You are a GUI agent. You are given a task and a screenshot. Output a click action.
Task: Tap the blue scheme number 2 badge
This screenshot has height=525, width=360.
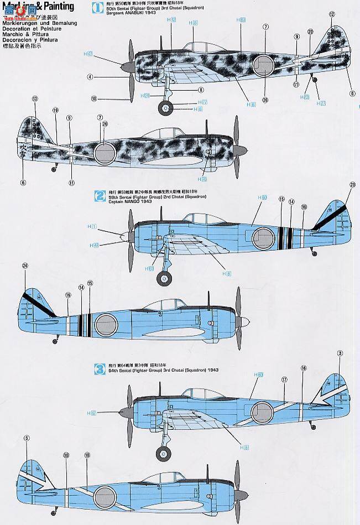coord(100,195)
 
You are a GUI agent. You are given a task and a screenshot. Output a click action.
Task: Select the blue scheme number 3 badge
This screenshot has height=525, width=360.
coord(100,367)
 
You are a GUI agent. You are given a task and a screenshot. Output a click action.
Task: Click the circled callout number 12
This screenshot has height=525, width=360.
coord(332,14)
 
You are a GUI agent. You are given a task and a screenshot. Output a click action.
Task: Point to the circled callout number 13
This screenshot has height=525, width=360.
coord(35,99)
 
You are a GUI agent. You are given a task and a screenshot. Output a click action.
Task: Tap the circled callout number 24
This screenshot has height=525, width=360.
coord(25,266)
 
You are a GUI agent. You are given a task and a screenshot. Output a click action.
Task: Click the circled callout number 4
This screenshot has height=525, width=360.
coord(90,77)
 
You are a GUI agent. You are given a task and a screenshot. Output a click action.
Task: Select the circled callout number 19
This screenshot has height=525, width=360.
coord(55,110)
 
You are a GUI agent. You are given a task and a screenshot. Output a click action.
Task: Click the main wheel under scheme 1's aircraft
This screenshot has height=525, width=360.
coord(164,107)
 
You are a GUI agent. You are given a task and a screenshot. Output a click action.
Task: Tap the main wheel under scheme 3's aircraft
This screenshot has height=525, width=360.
coord(164,455)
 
